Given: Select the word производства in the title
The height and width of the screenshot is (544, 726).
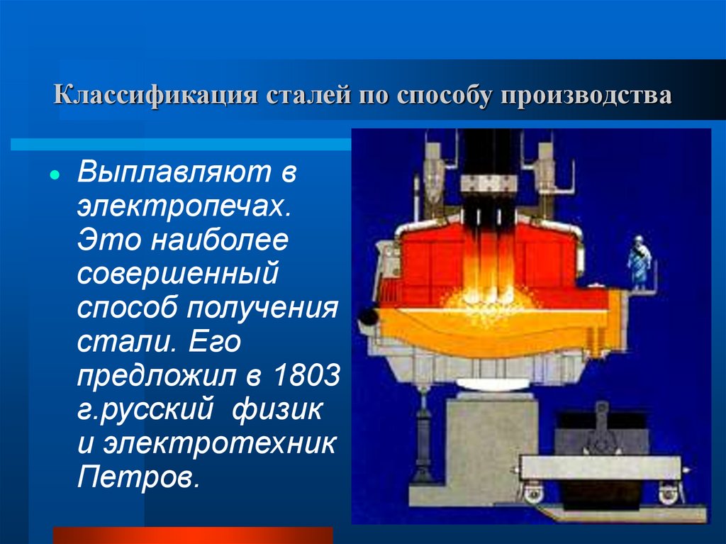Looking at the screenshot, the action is tap(586, 96).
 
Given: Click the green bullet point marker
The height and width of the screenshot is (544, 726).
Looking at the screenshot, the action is tap(55, 175).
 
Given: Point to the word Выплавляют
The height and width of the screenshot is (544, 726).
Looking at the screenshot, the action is tap(174, 172).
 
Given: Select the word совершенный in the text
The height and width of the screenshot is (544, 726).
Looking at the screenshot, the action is tap(178, 274).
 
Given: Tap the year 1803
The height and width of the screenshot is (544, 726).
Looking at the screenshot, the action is tap(307, 375).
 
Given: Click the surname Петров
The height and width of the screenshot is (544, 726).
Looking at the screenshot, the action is tap(138, 477).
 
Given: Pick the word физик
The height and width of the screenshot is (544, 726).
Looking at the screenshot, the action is tap(277, 410).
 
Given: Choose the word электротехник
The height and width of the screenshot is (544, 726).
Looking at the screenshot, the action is tap(220, 444).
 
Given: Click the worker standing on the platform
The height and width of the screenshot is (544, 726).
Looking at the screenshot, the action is tap(640, 262).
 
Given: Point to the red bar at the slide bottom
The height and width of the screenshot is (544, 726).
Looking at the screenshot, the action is tap(193, 535).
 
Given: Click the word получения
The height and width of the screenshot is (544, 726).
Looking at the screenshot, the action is tap(262, 309).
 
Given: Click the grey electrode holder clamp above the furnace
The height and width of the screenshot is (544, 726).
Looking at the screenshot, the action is tap(489, 184).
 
